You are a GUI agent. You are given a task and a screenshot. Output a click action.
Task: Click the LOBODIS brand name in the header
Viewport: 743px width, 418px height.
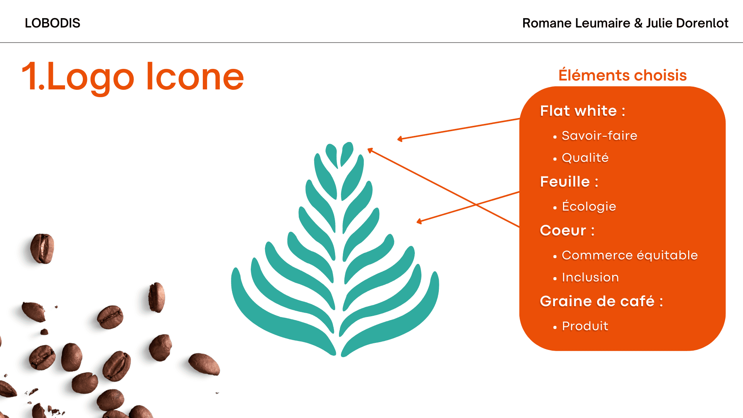[53, 23]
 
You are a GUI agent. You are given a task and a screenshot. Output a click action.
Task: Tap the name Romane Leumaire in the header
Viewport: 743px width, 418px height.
[576, 23]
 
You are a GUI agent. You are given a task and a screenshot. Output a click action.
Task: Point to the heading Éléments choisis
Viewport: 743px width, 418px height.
[623, 75]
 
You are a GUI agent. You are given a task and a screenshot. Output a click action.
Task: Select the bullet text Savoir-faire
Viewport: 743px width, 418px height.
[599, 135]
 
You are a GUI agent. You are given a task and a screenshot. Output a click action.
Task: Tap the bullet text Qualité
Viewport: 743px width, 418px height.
[585, 158]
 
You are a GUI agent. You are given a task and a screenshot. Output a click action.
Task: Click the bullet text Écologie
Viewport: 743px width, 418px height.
[589, 206]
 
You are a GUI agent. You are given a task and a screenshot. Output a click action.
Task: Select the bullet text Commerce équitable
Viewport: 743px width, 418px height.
[630, 255]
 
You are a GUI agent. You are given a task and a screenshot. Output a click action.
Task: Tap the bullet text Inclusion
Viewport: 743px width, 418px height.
[590, 278]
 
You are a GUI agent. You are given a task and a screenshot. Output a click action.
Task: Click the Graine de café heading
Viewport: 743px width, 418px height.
[601, 301]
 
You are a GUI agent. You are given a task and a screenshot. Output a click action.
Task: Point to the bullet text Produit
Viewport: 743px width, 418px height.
[585, 326]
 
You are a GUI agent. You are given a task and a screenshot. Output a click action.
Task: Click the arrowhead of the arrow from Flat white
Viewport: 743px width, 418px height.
[399, 139]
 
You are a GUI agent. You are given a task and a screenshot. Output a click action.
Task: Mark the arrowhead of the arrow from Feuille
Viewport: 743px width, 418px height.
[419, 222]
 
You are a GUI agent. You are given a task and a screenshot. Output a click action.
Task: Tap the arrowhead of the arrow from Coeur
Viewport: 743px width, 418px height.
[370, 150]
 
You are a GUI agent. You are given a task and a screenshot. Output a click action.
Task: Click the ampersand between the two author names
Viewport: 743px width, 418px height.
[638, 23]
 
